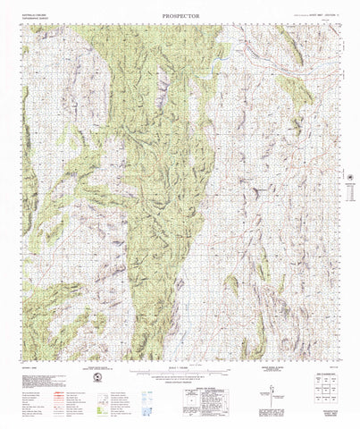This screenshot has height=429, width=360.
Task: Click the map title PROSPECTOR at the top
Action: click(x=180, y=15)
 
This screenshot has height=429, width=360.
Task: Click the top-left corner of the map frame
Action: click(x=23, y=25)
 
